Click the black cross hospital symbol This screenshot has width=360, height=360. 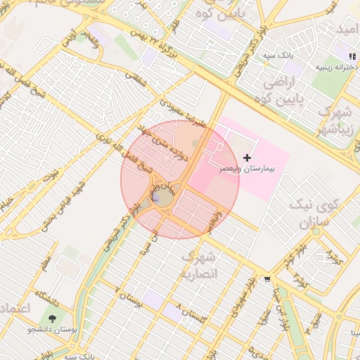[x=247, y=158]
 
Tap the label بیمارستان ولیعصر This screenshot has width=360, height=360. [x=247, y=169]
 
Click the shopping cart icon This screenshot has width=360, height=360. [x=266, y=279]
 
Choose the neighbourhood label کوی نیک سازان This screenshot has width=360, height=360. [x=314, y=215]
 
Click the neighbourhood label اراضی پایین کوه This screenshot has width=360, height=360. [x=284, y=92]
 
